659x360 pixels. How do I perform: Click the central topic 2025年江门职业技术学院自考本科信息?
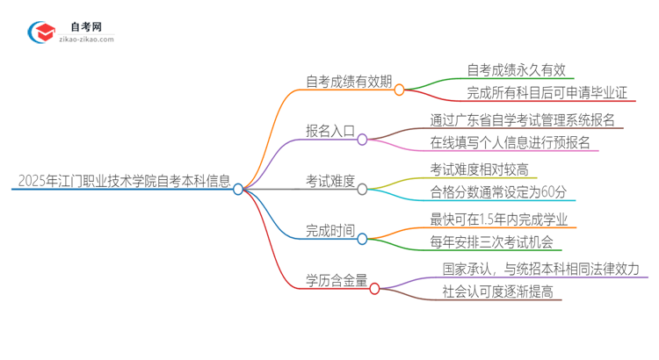coord(124,182)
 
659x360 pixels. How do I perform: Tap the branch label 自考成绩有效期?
coord(348,82)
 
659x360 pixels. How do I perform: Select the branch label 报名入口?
coord(330,132)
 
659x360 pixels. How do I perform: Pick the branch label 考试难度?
coord(330,182)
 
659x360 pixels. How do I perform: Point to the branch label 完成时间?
coord(330,232)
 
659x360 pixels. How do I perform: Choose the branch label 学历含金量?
coord(337,281)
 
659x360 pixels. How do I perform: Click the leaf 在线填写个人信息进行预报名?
coord(510,142)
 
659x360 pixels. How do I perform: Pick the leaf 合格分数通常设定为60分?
coord(497,193)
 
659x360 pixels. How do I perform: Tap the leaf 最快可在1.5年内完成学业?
coord(498,219)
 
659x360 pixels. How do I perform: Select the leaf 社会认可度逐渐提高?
coord(497,293)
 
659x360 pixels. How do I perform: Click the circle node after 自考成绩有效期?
coord(399,90)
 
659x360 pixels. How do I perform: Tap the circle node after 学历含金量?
coord(374,288)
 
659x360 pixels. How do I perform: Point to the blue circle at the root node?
coord(238,189)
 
